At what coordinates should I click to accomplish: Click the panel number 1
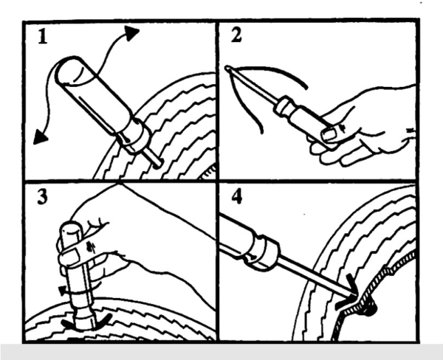43,37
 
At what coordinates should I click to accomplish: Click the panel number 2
236,35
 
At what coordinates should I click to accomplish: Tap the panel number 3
43,197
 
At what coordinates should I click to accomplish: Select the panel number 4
237,196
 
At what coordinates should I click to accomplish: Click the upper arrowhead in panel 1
131,32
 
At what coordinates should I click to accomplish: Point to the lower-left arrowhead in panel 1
40,137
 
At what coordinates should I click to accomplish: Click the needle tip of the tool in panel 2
227,68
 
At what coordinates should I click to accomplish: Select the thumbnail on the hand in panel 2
329,134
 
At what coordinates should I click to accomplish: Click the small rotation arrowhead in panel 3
62,291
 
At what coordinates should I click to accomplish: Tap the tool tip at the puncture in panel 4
354,296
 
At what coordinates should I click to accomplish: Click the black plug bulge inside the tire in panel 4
371,309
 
